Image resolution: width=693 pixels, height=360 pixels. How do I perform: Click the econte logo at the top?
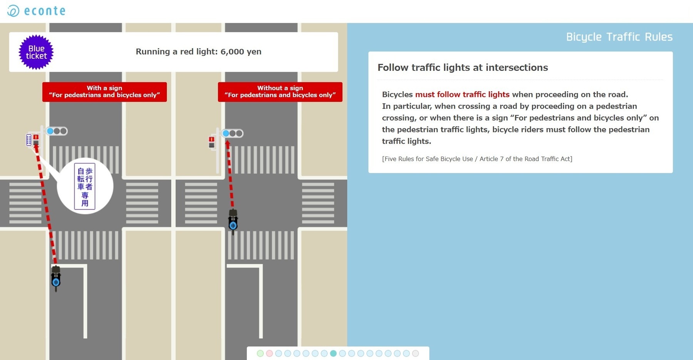tap(37, 11)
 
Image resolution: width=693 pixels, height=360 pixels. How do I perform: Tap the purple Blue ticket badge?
tap(36, 52)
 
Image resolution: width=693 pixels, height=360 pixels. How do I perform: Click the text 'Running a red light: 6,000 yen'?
tap(198, 52)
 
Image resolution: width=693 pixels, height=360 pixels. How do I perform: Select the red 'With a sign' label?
tap(104, 92)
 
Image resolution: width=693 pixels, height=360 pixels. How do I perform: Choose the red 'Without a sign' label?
tap(280, 92)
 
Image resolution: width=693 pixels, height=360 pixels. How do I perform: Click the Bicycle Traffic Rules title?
tap(619, 37)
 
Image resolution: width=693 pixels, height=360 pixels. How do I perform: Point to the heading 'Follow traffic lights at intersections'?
tap(462, 67)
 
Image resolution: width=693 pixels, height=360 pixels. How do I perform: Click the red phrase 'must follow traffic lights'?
tap(462, 94)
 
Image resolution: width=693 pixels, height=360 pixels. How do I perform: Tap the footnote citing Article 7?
tap(477, 159)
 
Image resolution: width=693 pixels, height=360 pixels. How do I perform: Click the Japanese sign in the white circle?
tap(85, 186)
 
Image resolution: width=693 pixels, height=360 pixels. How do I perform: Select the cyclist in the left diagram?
tap(56, 278)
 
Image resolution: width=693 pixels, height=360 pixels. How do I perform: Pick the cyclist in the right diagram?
tap(233, 222)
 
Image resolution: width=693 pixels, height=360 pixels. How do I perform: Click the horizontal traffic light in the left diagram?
tap(57, 131)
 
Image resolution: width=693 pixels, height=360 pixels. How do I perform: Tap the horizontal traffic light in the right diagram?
tap(233, 133)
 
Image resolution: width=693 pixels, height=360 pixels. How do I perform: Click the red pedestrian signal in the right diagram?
tap(211, 142)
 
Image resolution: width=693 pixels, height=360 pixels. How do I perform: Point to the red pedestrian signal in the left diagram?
tap(36, 140)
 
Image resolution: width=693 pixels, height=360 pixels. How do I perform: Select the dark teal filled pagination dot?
tap(333, 353)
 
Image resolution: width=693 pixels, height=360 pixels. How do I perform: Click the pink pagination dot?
tap(269, 353)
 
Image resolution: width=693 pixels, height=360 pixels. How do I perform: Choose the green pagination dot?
tap(260, 353)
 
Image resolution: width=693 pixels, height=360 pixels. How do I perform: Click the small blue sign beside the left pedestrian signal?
tap(28, 140)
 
